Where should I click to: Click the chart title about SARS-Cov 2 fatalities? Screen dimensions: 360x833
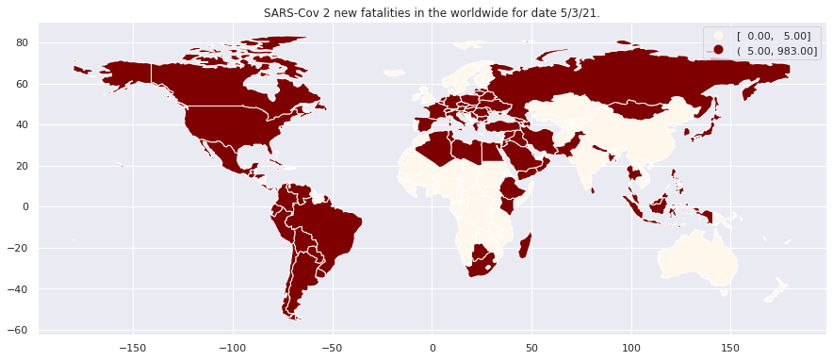(432, 13)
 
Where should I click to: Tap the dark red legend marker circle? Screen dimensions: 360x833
(719, 50)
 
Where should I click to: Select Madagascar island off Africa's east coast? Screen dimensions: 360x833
(525, 245)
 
